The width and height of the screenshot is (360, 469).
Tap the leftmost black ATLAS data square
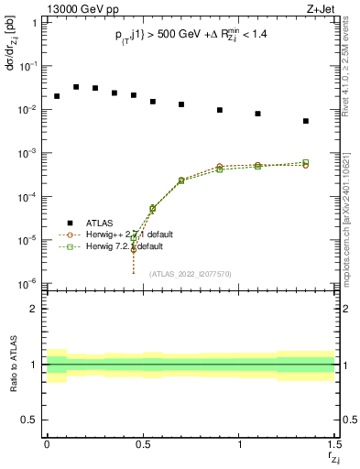[x=57, y=96]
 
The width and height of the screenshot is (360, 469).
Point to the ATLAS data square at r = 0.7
[x=181, y=104]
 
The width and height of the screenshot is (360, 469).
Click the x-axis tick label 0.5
[x=142, y=444]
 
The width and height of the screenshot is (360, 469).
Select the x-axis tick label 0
[x=47, y=444]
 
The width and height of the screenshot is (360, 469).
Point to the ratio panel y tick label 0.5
[x=28, y=420]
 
